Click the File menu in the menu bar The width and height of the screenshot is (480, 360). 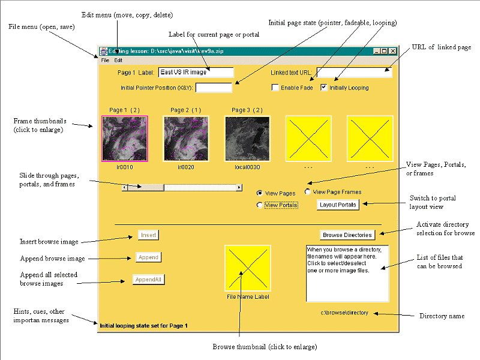point(105,61)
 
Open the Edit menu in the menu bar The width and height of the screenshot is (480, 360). point(118,61)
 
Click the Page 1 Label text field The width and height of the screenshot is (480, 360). point(196,72)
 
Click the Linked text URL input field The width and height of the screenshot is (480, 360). point(354,73)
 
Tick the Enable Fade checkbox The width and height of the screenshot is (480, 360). point(275,88)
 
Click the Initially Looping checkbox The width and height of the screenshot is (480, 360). point(325,88)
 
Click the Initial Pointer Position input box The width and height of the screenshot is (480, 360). point(214,88)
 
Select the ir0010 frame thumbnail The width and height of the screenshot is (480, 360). point(125,139)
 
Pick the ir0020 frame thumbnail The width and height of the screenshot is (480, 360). point(186,139)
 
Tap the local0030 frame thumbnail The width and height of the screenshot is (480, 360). point(247,139)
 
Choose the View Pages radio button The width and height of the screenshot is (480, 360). point(260,193)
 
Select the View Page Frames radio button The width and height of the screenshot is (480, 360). point(308,192)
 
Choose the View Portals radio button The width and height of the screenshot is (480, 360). point(260,205)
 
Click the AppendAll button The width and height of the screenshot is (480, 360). point(149,279)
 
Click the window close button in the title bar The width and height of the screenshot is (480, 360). point(393,52)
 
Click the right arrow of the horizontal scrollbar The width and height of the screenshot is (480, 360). point(239,187)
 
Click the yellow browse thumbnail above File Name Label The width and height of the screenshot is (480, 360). point(247,268)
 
